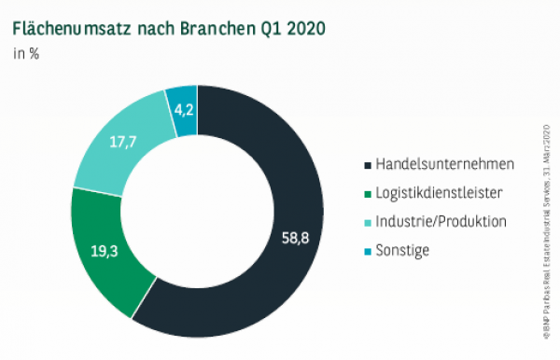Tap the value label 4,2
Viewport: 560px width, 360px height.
tap(182, 108)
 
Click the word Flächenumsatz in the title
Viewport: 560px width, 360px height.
tap(71, 28)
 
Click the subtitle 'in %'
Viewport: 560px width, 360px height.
tap(25, 53)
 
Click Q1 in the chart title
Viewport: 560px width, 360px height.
tap(267, 28)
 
